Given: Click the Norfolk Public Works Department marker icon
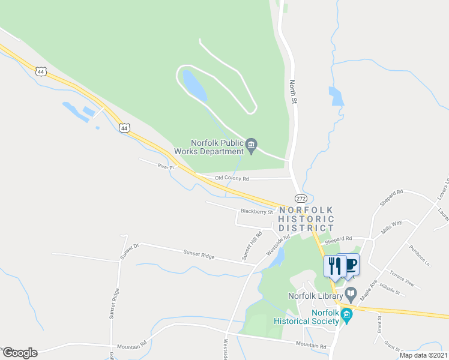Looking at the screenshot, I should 252,144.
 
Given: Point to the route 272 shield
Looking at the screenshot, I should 301,198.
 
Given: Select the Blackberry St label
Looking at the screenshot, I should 256,211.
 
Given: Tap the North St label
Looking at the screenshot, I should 294,92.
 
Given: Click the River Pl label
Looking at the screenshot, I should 165,166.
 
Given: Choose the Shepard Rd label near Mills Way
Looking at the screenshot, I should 337,239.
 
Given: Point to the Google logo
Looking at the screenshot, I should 20,353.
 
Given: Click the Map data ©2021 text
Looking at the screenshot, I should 423,355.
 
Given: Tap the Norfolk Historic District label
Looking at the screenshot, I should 306,219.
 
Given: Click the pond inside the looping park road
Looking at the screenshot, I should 194,86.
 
